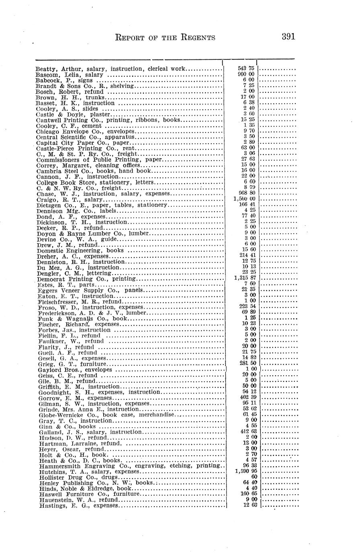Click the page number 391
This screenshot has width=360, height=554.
tap(288, 37)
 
